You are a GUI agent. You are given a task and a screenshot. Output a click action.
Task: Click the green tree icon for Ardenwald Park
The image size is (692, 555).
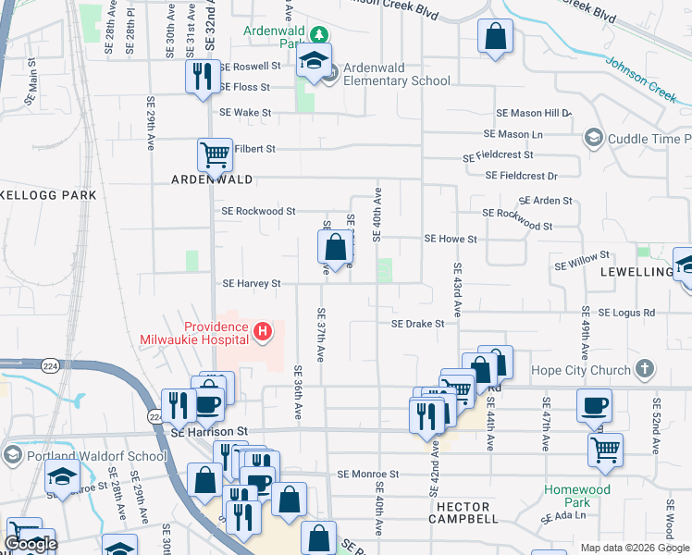point(319,35)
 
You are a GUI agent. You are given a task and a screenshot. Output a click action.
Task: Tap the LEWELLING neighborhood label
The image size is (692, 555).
point(635,272)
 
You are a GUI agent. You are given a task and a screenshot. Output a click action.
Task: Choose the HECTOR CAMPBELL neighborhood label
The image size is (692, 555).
point(469,513)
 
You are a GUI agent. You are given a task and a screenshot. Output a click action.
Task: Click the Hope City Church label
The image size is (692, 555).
point(580,370)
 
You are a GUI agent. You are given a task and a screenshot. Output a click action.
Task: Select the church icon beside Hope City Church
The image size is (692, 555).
point(645,370)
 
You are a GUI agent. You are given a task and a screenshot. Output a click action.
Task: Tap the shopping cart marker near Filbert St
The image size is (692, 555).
point(215,154)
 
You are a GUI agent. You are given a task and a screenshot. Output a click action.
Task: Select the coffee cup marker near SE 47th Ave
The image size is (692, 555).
point(593,404)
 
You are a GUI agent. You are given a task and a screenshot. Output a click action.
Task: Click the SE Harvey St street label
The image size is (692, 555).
point(252,284)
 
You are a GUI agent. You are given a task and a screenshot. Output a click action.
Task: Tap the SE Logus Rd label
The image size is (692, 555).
point(626,313)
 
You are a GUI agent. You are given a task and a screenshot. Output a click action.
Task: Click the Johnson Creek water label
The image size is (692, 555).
point(642,80)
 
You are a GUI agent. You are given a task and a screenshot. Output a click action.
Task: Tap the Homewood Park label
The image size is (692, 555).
point(603,496)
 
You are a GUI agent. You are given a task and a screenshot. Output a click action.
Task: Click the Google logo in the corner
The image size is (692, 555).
point(31,544)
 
